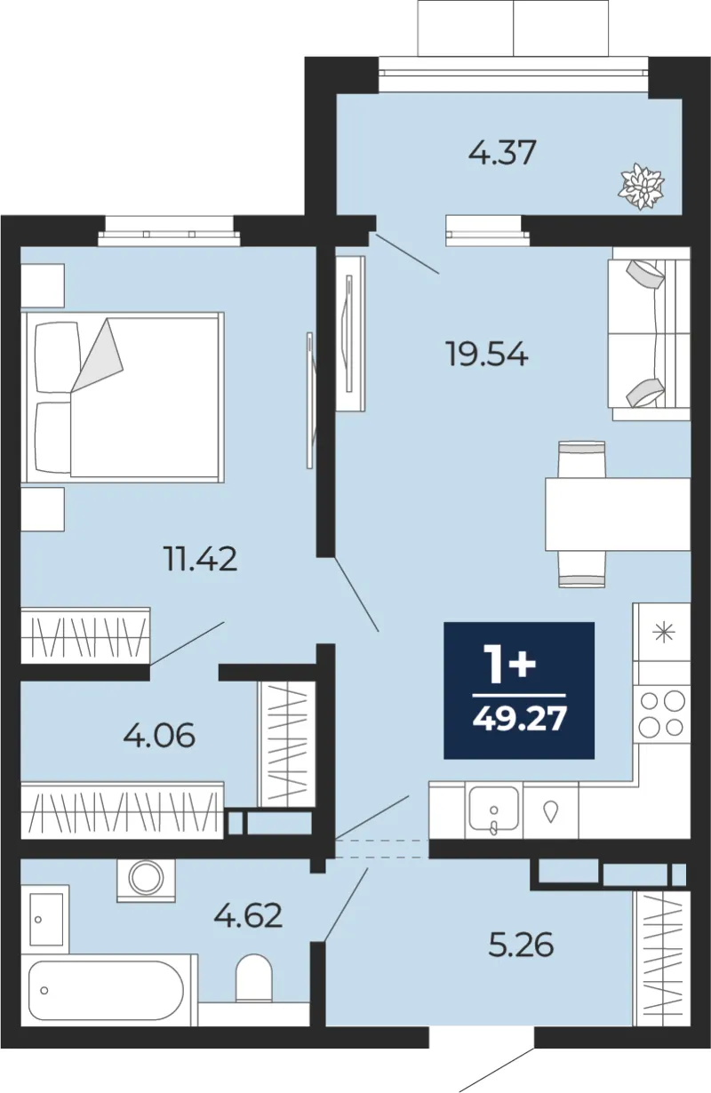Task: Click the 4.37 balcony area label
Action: tap(502, 152)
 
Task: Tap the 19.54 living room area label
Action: tap(486, 354)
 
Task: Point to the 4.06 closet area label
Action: tap(159, 736)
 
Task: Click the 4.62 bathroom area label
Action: tap(248, 915)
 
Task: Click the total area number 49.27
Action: tap(519, 719)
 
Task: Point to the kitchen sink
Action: tap(493, 809)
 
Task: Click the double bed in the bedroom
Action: tap(122, 397)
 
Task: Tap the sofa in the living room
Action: tap(649, 334)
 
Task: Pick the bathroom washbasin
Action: tap(45, 920)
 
